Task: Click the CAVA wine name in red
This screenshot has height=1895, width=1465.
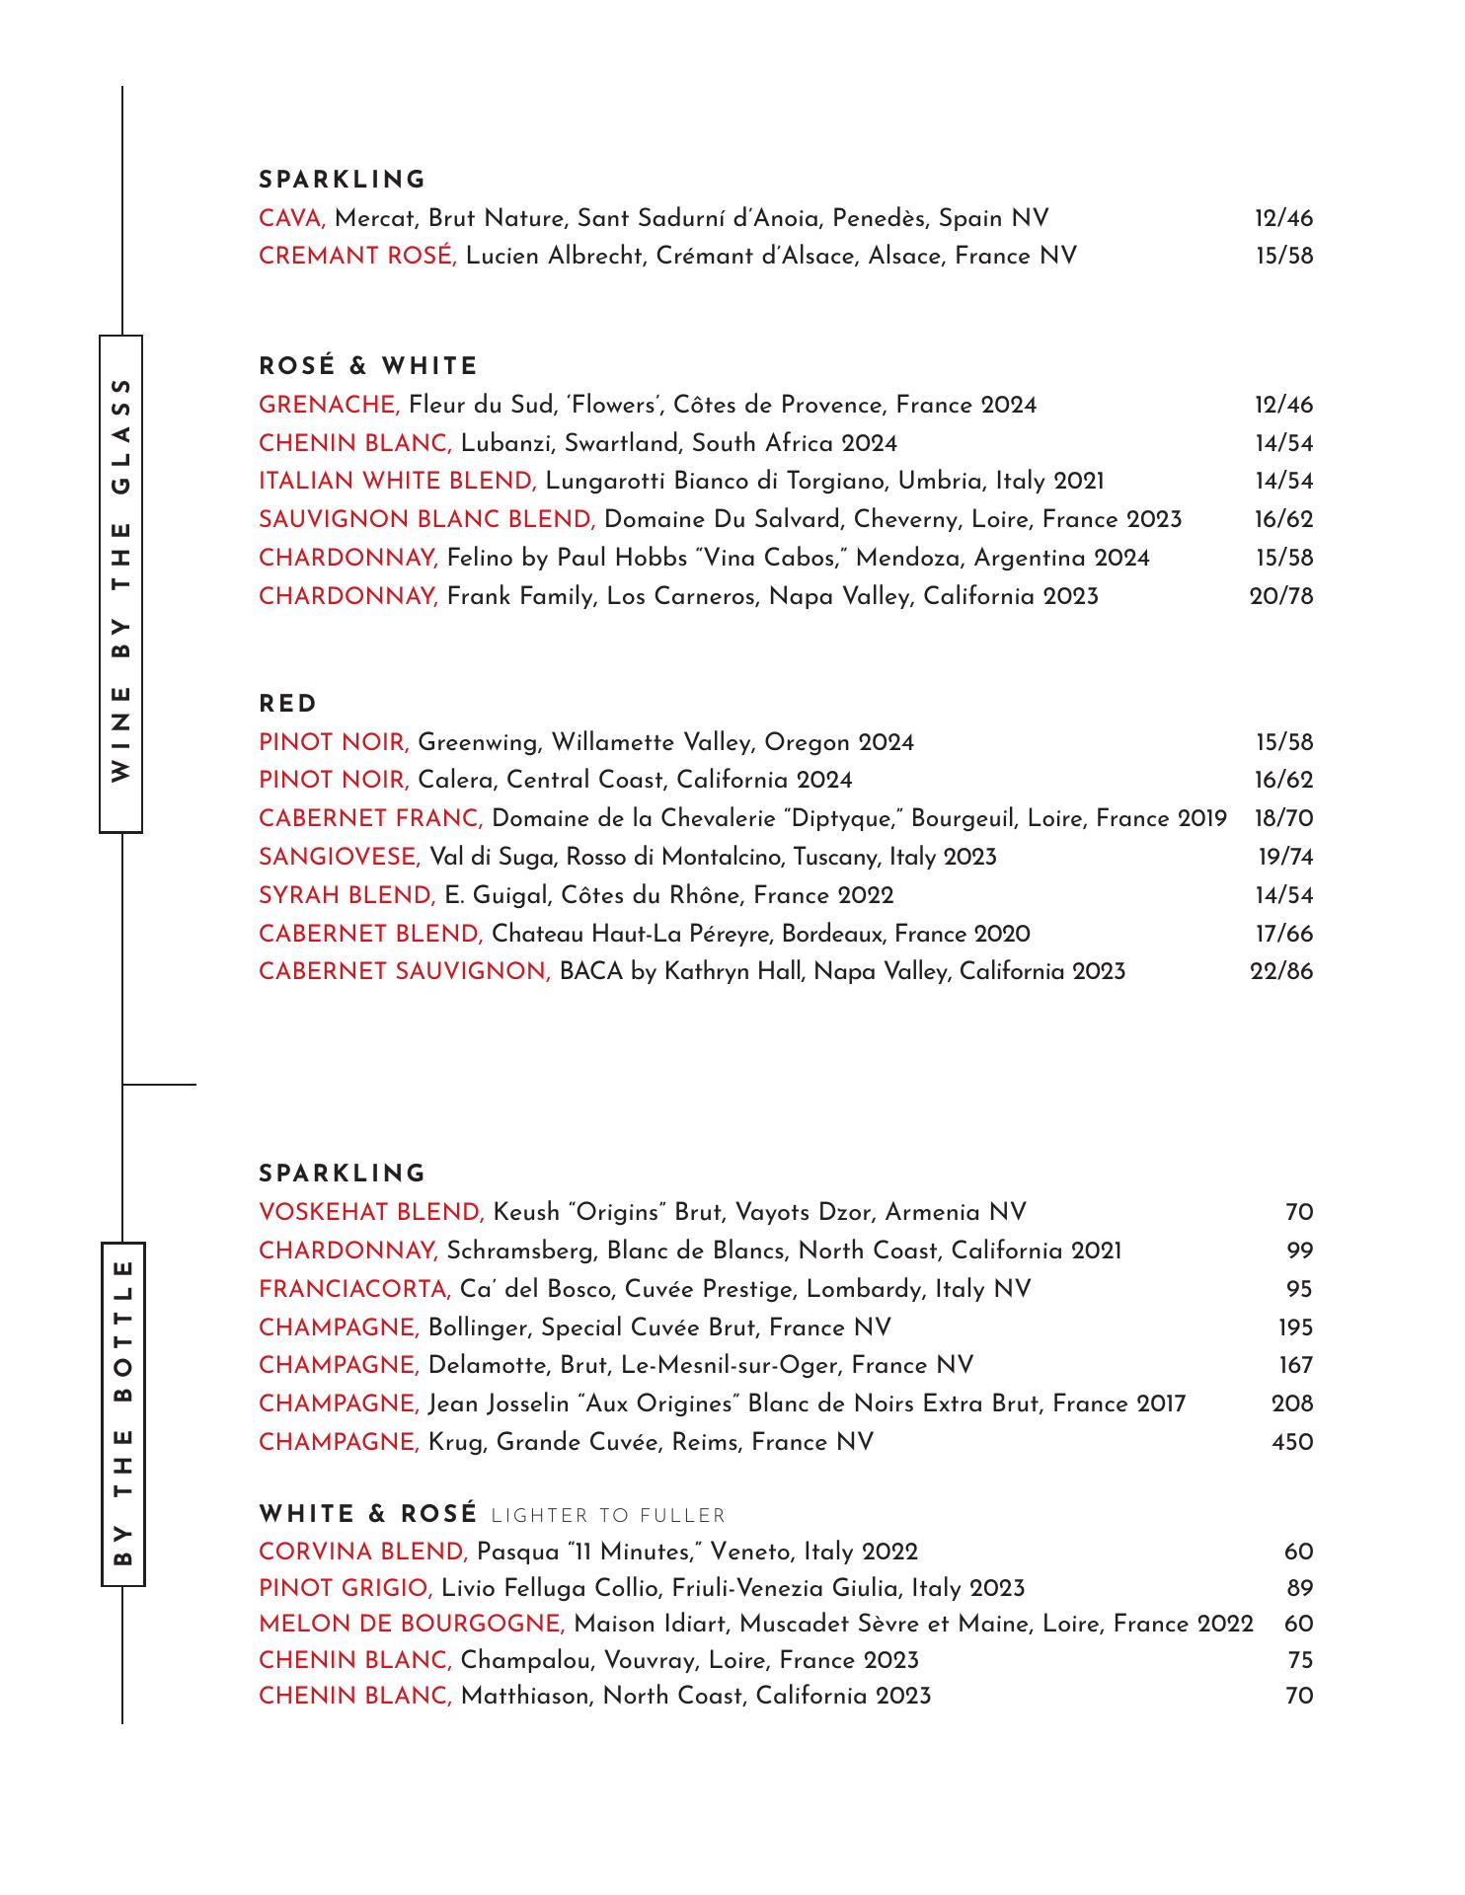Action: pos(291,218)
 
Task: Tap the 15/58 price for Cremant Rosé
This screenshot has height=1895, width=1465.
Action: pos(1284,257)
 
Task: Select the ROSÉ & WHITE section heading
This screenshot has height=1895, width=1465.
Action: pos(368,367)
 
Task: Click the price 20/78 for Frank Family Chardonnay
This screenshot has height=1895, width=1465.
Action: pos(1281,596)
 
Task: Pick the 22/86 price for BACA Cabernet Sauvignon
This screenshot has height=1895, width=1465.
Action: pos(1281,971)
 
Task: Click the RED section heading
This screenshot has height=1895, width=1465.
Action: pos(288,705)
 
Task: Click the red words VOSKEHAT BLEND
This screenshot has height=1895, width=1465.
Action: pos(370,1212)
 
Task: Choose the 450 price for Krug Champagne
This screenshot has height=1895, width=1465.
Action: pos(1292,1443)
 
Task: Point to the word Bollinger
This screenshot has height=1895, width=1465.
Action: pos(479,1327)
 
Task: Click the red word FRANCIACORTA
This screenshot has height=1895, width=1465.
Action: pos(354,1289)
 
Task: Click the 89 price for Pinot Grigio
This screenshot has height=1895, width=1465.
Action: pos(1299,1588)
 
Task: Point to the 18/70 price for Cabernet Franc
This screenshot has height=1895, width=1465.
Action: pos(1283,818)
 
